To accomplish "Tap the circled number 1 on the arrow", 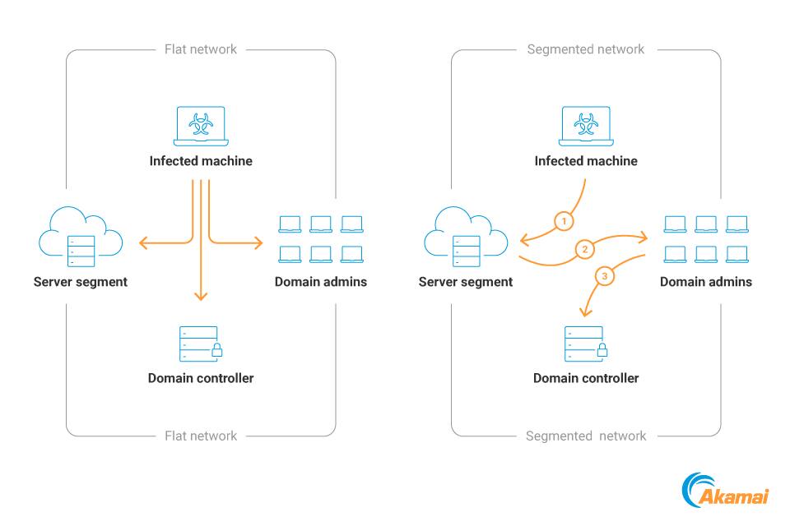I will tap(564, 221).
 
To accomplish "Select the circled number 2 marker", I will tap(584, 249).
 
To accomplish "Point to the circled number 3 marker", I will tap(605, 277).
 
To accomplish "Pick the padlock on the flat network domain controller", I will tap(216, 351).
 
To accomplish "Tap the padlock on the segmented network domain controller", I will tap(602, 351).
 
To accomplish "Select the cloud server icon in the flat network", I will tap(81, 237).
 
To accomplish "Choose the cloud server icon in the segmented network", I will tap(466, 237).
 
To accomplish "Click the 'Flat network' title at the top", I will tap(201, 49).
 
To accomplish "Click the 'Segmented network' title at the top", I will tap(586, 49).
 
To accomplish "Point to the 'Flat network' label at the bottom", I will tap(201, 436).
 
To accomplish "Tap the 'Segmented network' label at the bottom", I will tap(586, 436).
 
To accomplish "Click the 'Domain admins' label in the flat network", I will tap(321, 282).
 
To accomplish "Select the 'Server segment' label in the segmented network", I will tap(466, 282).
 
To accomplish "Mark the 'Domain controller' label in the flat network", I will tap(201, 378).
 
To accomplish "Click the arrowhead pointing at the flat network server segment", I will tap(143, 242).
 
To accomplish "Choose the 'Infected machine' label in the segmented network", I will tap(586, 161).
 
